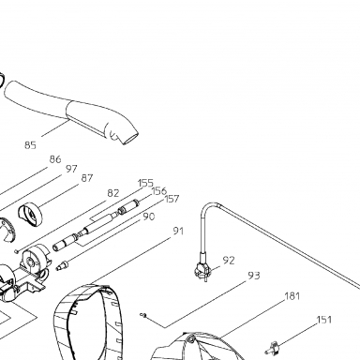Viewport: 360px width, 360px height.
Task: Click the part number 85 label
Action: pyautogui.click(x=30, y=145)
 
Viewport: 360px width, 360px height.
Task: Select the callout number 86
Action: pyautogui.click(x=55, y=159)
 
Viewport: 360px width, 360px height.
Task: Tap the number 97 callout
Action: pyautogui.click(x=71, y=169)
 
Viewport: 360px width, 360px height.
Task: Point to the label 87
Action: pyautogui.click(x=87, y=178)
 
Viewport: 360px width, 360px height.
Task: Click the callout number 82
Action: pyautogui.click(x=113, y=193)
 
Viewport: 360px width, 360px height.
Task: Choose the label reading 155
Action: pyautogui.click(x=145, y=183)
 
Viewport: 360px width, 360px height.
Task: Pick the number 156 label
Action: pyautogui.click(x=159, y=190)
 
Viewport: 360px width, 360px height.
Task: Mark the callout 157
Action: pyautogui.click(x=172, y=199)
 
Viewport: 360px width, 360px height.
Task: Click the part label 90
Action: pyautogui.click(x=149, y=217)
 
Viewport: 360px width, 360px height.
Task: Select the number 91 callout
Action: pyautogui.click(x=178, y=231)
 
